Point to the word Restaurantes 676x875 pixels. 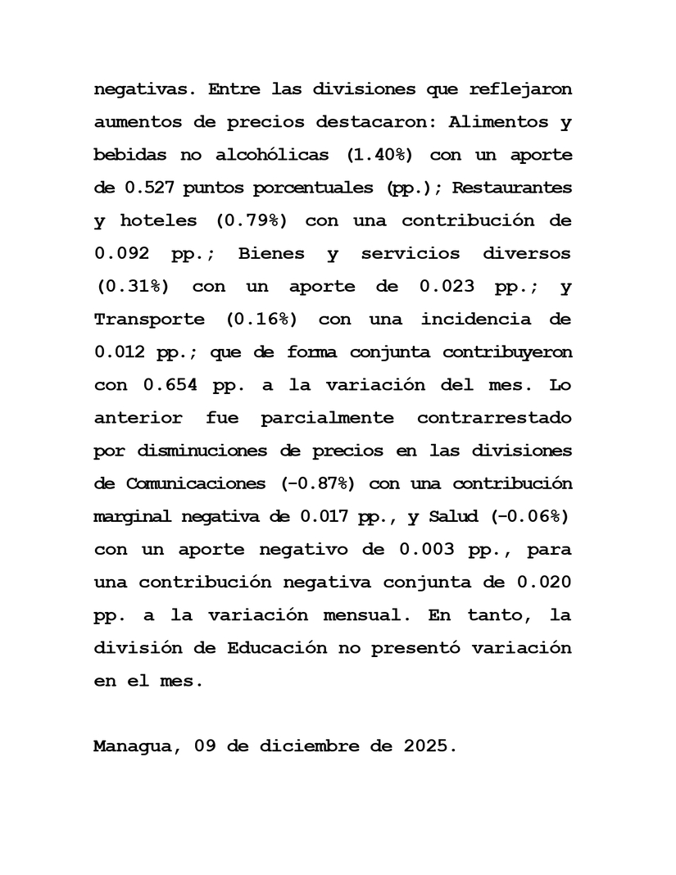click(x=512, y=188)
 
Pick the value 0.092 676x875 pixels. click(x=121, y=253)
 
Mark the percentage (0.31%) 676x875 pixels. click(x=132, y=286)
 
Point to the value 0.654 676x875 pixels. click(x=170, y=384)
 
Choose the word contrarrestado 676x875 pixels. click(x=494, y=418)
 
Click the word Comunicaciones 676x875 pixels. click(x=195, y=483)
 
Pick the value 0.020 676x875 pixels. click(x=544, y=582)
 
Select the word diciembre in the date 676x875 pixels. click(x=315, y=746)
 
